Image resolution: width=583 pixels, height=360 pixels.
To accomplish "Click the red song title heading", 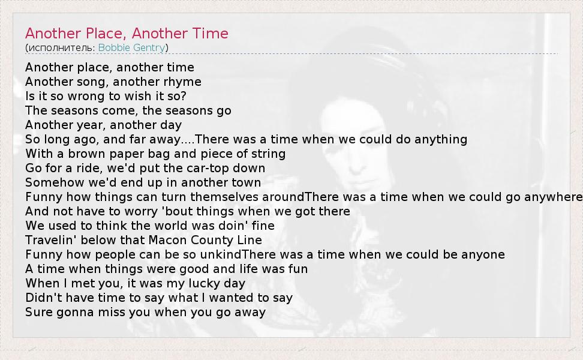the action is [x=127, y=34].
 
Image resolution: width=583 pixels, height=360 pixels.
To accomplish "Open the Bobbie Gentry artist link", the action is [x=131, y=47].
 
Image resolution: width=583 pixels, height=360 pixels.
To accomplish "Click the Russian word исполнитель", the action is [x=60, y=48].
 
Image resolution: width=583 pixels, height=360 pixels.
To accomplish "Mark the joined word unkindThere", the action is [x=246, y=255].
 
